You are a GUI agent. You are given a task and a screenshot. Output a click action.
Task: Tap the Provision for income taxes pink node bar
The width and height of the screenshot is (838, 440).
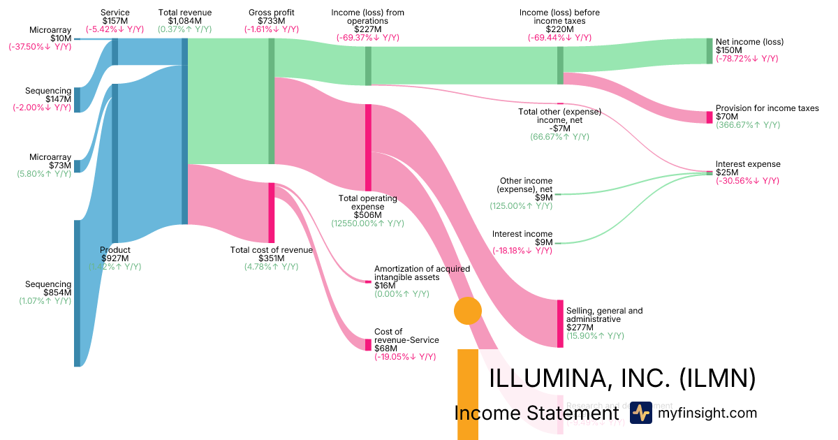click(710, 117)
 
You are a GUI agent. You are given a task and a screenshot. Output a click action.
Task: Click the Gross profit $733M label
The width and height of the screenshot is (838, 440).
click(272, 17)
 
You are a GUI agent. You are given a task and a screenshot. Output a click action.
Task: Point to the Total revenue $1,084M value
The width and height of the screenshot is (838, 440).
click(184, 21)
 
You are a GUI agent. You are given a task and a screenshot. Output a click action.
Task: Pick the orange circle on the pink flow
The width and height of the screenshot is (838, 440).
click(468, 311)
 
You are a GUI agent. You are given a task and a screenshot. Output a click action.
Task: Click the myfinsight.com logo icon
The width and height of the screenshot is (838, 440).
click(640, 413)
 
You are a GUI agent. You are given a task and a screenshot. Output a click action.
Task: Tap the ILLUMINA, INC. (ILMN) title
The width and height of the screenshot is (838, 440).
click(622, 378)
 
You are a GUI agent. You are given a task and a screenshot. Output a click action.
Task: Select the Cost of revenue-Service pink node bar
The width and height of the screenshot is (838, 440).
click(368, 344)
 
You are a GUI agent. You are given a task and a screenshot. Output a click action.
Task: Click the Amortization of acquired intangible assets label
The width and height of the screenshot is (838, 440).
click(422, 272)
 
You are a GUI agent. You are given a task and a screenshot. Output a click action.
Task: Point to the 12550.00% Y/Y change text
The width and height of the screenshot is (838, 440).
click(367, 223)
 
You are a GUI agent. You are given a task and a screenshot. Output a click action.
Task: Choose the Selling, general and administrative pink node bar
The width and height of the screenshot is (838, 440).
click(560, 323)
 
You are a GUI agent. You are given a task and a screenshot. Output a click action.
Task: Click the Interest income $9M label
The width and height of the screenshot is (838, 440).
click(522, 238)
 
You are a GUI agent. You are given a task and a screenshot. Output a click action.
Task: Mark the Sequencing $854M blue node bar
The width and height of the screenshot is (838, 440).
click(77, 293)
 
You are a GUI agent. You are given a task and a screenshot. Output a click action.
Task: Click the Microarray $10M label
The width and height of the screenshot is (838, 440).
click(50, 34)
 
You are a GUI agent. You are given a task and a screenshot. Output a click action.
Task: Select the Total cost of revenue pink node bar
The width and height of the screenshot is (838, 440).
click(272, 213)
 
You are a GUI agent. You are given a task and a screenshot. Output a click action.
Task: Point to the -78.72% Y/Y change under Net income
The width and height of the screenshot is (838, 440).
click(747, 59)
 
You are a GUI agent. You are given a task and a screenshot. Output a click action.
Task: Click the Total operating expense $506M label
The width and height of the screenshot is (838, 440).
click(367, 207)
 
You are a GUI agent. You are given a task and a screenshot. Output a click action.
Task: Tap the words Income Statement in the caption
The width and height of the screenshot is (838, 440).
click(536, 413)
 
